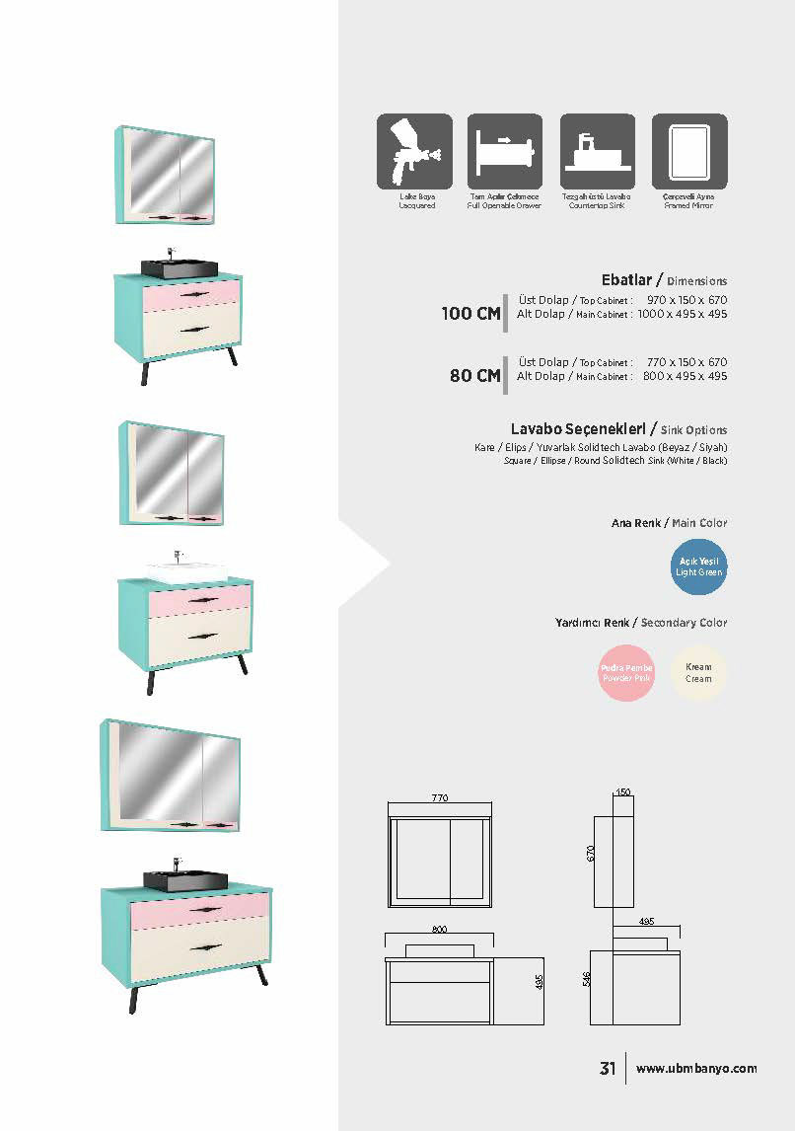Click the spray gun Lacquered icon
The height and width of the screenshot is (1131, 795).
click(414, 151)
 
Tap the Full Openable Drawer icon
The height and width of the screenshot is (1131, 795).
click(505, 151)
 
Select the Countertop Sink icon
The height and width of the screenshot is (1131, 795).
click(597, 151)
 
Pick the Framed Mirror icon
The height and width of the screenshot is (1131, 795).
click(688, 151)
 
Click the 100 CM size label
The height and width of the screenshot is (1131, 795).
click(470, 314)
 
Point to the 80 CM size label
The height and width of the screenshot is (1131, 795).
click(474, 376)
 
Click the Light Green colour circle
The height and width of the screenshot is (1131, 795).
click(698, 567)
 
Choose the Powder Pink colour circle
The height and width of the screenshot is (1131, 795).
click(627, 673)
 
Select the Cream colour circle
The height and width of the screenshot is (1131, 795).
click(698, 673)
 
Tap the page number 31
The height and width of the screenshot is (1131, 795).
click(608, 1069)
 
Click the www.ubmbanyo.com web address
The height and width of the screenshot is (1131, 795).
click(696, 1069)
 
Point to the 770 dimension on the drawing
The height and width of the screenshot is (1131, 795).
click(440, 797)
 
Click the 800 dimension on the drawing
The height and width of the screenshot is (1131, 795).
click(439, 930)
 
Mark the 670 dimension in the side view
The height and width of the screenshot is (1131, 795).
click(592, 854)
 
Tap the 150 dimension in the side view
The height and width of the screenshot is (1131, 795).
click(622, 792)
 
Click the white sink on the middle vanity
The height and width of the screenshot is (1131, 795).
click(186, 570)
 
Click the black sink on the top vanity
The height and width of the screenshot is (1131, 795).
click(180, 267)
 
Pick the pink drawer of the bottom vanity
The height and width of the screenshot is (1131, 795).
click(200, 908)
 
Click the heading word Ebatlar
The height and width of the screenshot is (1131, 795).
click(625, 280)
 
